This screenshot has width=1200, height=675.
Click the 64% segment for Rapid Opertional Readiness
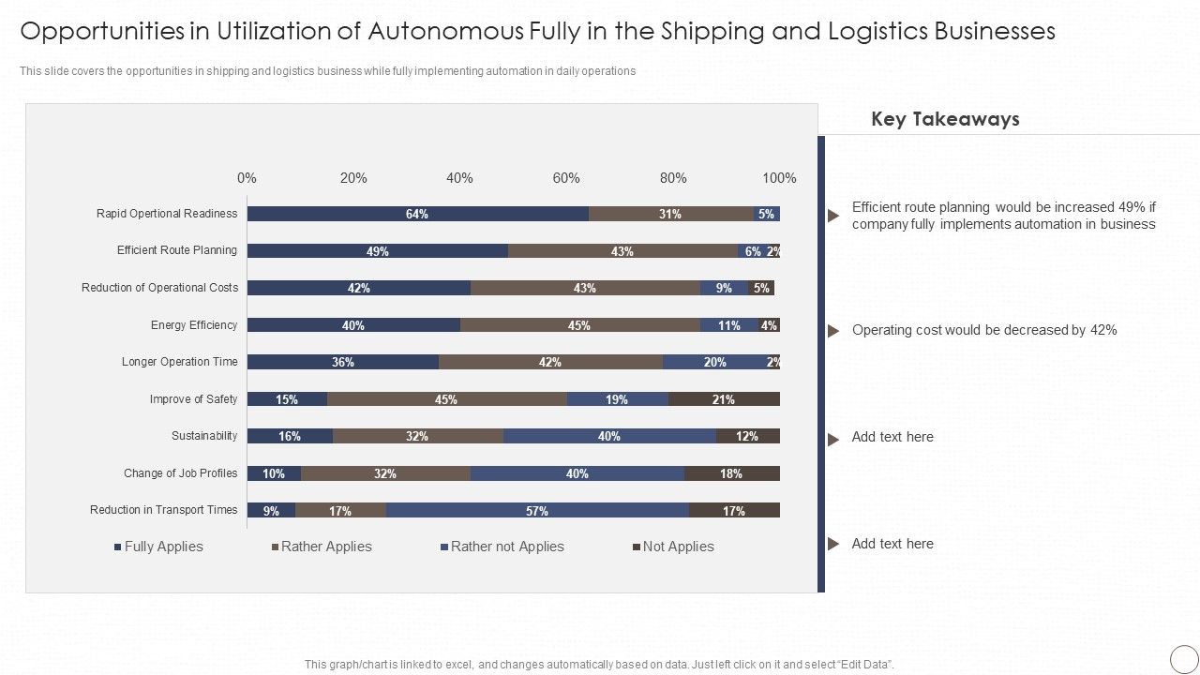[417, 214]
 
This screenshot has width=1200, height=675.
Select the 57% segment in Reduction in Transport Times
[537, 511]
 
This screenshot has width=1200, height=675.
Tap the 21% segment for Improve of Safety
[723, 399]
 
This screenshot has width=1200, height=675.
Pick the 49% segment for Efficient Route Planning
[378, 251]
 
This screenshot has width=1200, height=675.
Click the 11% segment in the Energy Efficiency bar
[728, 325]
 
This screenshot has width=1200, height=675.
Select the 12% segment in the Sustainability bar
[747, 436]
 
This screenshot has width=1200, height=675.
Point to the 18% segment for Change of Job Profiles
[731, 473]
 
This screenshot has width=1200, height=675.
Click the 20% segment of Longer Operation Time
[714, 362]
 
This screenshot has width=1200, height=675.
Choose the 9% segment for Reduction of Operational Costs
[724, 288]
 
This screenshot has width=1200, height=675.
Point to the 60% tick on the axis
[566, 178]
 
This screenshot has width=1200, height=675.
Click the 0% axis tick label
[247, 178]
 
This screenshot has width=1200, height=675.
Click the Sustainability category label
[204, 436]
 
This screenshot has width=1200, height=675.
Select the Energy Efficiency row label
[194, 325]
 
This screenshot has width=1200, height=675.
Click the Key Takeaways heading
[945, 119]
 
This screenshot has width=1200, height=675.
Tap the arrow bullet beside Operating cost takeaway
[832, 331]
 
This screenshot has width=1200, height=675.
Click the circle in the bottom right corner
[1184, 657]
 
